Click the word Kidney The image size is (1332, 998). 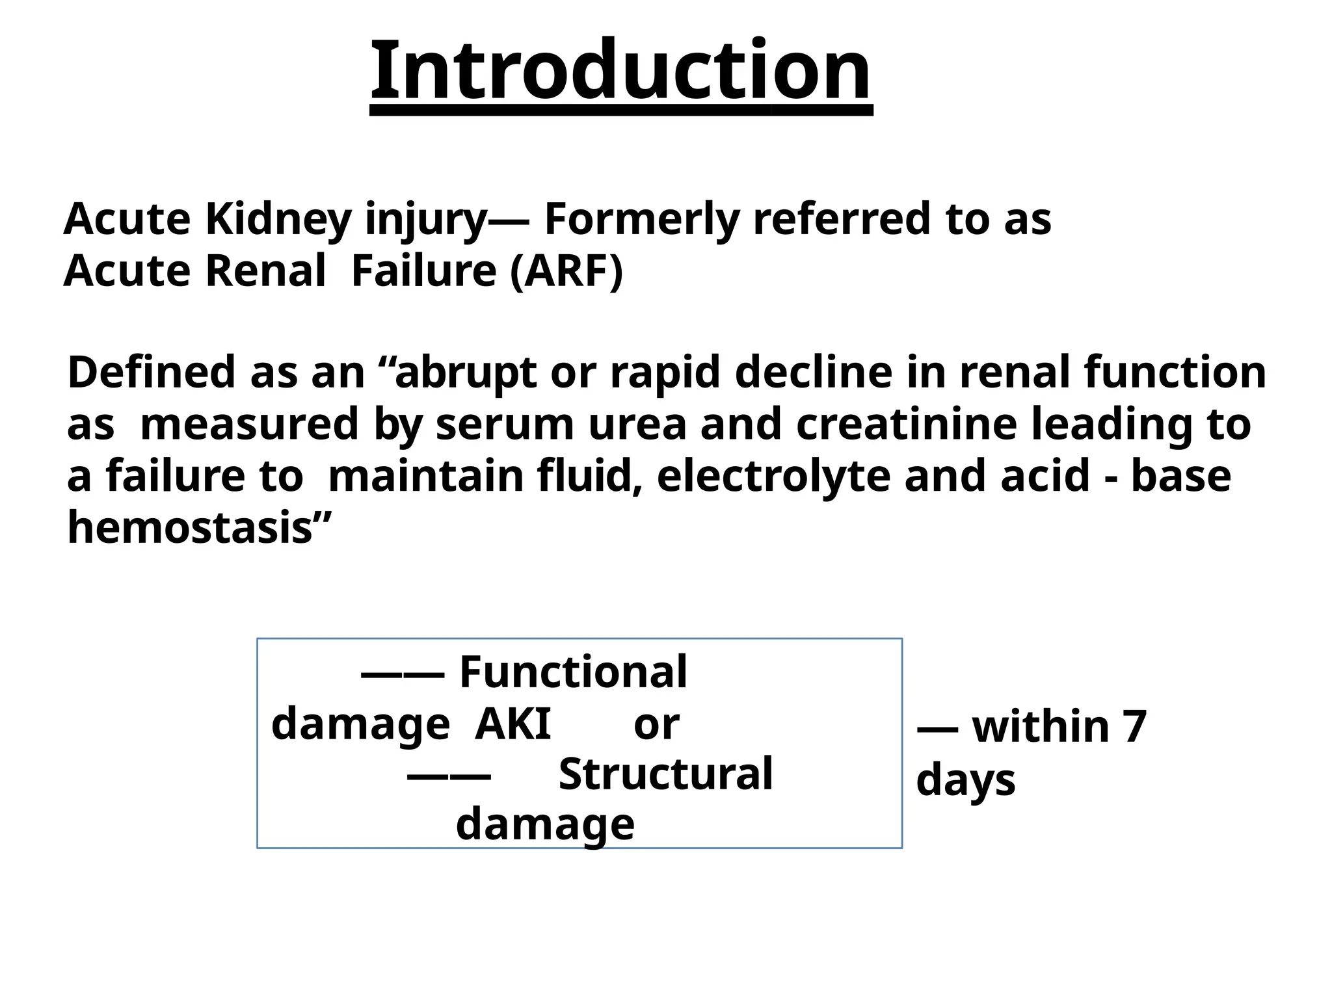tap(278, 219)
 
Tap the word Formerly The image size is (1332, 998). tap(641, 219)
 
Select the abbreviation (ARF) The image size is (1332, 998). tap(566, 271)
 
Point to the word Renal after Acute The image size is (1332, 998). tap(265, 271)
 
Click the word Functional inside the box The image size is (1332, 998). tap(573, 672)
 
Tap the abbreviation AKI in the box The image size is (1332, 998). tap(513, 724)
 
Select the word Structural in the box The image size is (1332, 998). tap(665, 774)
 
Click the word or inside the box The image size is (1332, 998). tap(656, 726)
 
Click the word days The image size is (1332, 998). tap(965, 780)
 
